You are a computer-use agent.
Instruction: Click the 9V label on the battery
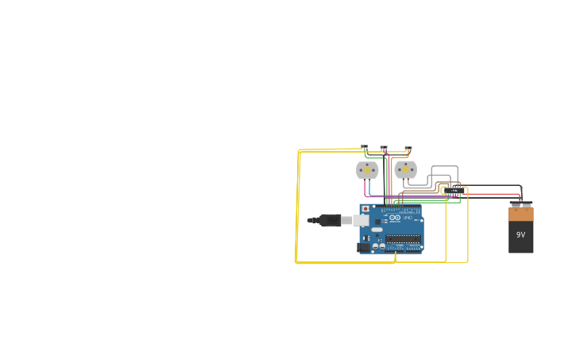tap(520, 234)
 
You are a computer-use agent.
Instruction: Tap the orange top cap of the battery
tap(521, 214)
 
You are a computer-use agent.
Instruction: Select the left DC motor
tap(367, 169)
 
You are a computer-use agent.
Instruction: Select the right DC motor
tap(405, 169)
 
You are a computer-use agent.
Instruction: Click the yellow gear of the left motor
tap(367, 169)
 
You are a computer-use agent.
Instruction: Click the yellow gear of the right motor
tap(405, 169)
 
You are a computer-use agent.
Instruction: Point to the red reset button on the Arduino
tap(365, 209)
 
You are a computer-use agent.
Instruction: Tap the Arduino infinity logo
tap(395, 218)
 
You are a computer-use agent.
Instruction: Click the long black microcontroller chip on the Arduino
tap(403, 238)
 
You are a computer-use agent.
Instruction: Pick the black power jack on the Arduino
tap(363, 246)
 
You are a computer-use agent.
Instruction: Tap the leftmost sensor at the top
tap(364, 148)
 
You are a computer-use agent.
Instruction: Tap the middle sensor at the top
tap(384, 148)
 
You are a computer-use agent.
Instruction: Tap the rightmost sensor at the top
tap(408, 149)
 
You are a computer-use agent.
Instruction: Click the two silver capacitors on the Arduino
tap(378, 246)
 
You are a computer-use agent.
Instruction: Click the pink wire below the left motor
tap(365, 189)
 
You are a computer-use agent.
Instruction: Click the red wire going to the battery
tap(493, 194)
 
